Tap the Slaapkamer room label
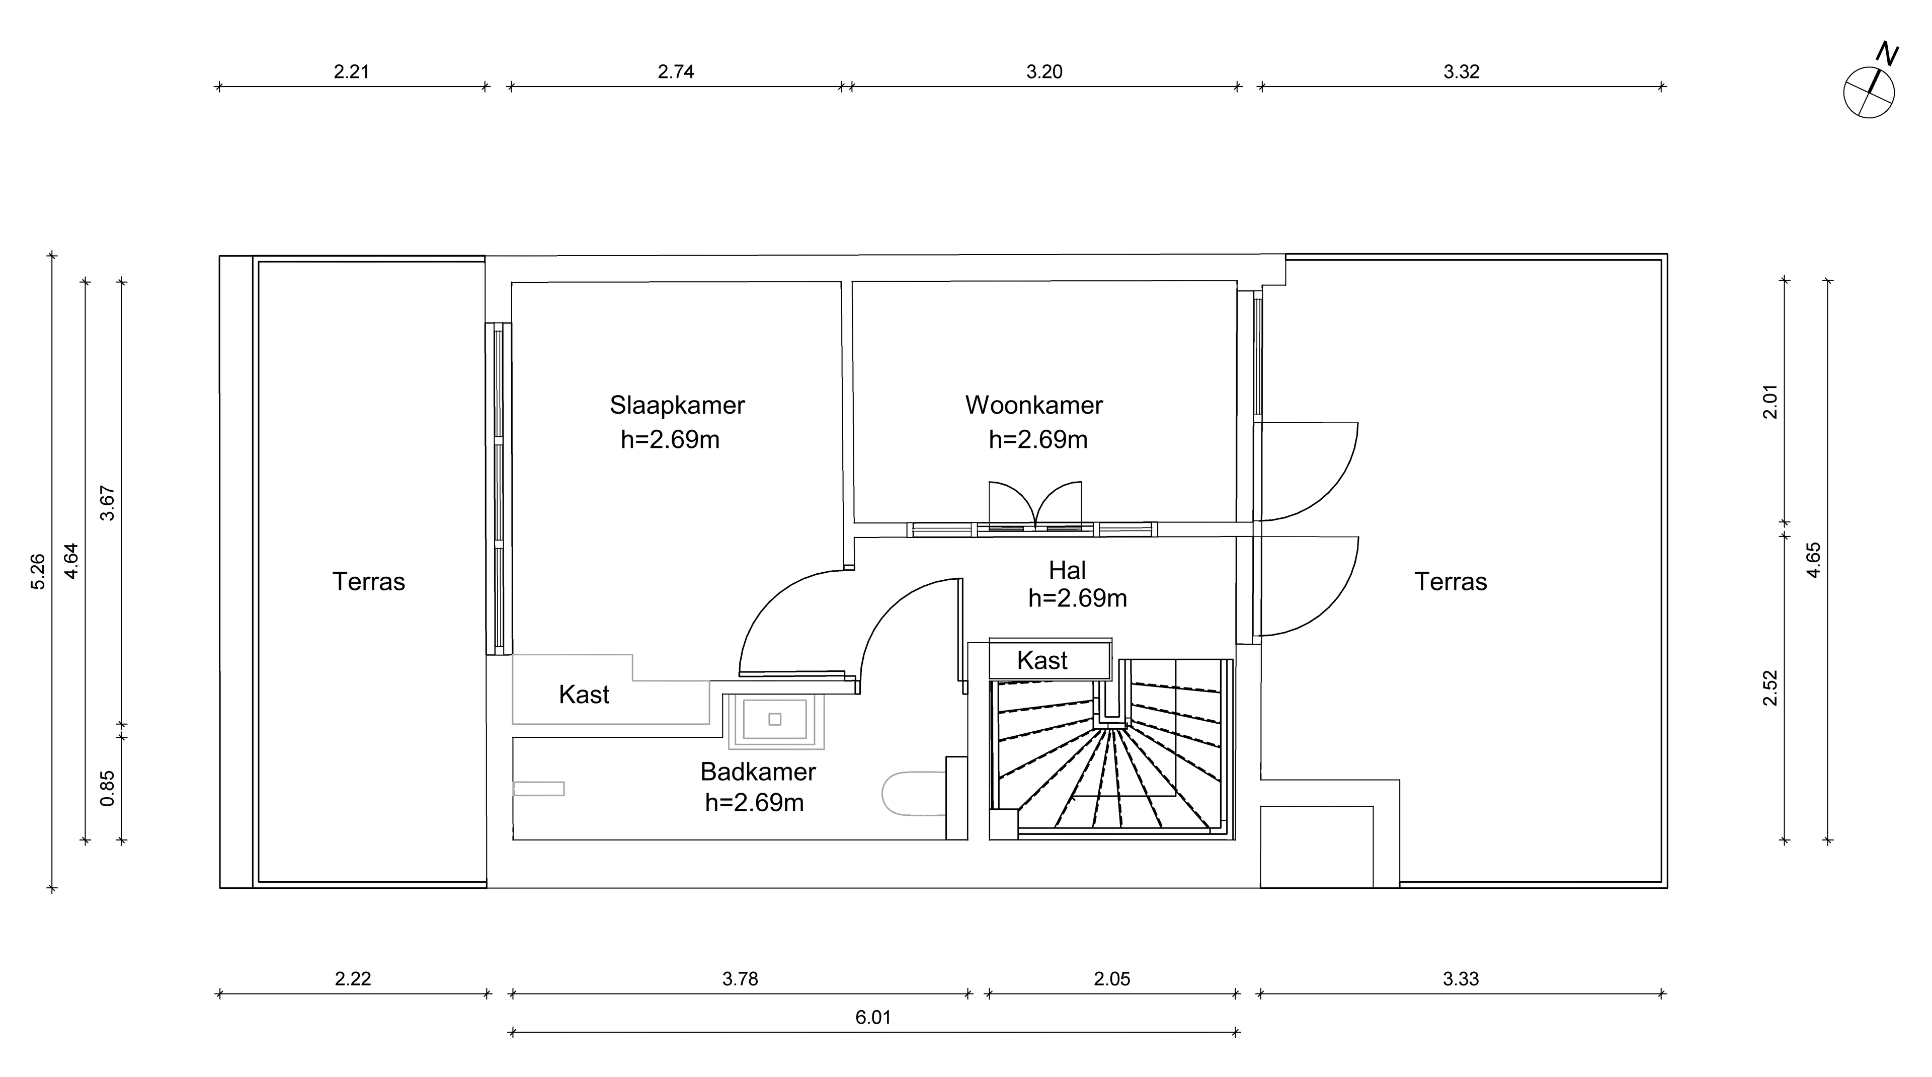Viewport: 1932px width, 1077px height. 677,406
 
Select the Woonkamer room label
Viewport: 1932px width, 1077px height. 1033,406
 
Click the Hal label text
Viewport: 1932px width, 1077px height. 1067,571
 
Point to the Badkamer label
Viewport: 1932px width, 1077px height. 758,772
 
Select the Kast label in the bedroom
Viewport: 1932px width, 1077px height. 584,695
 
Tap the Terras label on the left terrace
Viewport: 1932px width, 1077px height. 368,582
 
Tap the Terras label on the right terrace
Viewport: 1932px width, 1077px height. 1450,582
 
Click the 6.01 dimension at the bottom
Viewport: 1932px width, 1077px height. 873,1018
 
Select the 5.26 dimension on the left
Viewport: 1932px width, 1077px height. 38,572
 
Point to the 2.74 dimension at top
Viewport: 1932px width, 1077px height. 676,72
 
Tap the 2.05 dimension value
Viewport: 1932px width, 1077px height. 1111,979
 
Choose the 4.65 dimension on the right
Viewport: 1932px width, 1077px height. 1813,560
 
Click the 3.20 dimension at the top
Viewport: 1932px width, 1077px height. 1044,72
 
